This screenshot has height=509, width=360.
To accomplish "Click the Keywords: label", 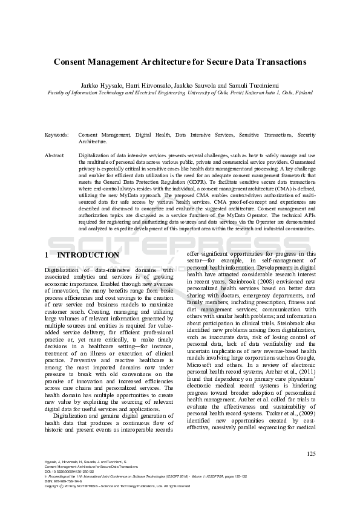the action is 56,135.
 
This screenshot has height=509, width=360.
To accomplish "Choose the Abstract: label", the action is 55,155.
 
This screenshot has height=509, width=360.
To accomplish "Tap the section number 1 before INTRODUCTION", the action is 47,255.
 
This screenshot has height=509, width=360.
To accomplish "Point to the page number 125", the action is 311,454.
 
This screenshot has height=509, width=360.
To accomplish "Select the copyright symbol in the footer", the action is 62,486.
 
